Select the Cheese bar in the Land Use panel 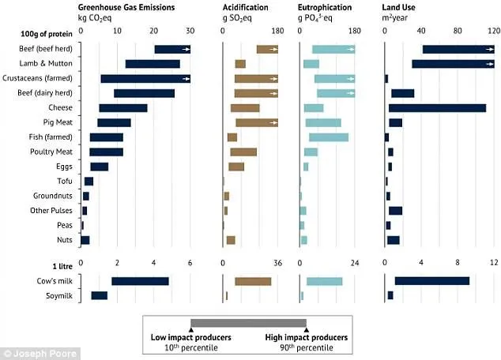438,107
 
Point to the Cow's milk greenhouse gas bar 140,280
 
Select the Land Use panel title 403,6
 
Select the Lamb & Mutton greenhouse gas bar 153,64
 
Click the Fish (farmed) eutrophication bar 329,137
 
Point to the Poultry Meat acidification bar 243,152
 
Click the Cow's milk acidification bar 253,280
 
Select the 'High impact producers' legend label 306,337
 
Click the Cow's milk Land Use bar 431,280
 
